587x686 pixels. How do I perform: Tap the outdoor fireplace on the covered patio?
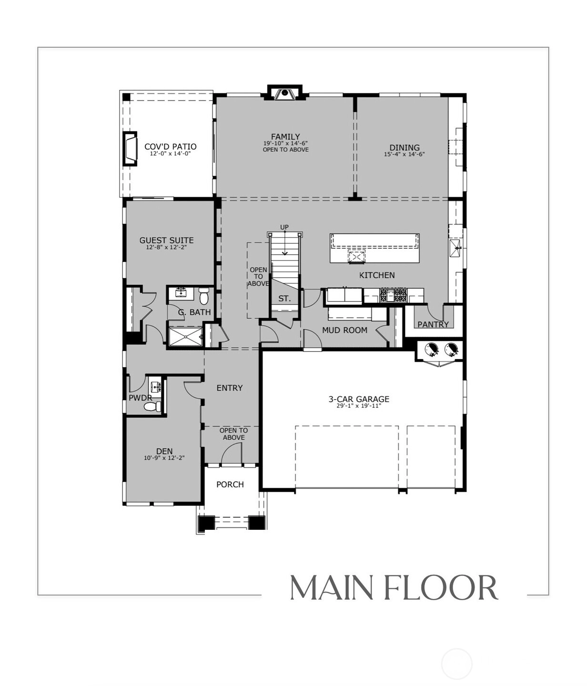[130, 149]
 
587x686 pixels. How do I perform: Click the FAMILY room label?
[285, 136]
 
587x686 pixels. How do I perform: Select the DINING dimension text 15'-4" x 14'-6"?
[404, 154]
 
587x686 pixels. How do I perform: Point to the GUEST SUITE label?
[166, 240]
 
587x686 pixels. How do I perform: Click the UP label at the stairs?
[284, 227]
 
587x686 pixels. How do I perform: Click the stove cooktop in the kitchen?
[394, 295]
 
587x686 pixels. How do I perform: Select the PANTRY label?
[433, 324]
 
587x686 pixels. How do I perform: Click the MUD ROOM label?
[344, 330]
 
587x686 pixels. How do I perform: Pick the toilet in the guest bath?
[203, 296]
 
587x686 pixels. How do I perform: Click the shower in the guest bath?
[185, 336]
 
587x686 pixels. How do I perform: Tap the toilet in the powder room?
[152, 406]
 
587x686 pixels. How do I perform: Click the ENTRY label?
[230, 388]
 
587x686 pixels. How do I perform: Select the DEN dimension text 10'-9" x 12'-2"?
[164, 458]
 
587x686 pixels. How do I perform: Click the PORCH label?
[230, 484]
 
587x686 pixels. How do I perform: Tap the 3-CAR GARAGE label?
[359, 399]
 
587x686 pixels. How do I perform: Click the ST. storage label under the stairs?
[284, 298]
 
